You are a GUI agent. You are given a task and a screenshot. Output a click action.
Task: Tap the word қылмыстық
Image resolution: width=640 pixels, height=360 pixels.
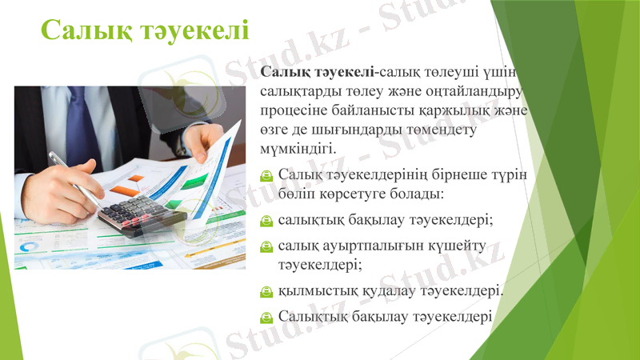tap(313, 290)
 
